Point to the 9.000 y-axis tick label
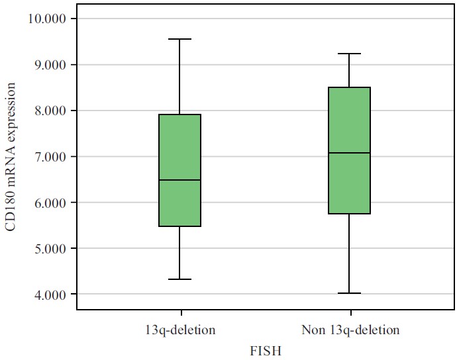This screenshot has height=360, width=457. point(51,65)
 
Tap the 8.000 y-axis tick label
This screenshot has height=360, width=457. point(51,111)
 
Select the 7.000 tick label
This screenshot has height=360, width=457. point(51,157)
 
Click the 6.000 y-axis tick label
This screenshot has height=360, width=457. point(51,202)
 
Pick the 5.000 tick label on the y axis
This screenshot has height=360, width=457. point(51,249)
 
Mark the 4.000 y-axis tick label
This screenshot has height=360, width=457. point(51,294)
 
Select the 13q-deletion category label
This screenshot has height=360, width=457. point(180,329)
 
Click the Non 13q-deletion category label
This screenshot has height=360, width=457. point(350,329)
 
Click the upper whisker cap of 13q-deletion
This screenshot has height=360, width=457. point(180,39)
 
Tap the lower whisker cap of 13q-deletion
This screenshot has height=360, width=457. point(180,279)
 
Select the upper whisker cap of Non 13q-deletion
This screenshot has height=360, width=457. point(350,54)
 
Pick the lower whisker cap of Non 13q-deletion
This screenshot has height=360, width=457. point(350,293)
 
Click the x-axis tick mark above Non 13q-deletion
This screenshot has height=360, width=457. point(350,313)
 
